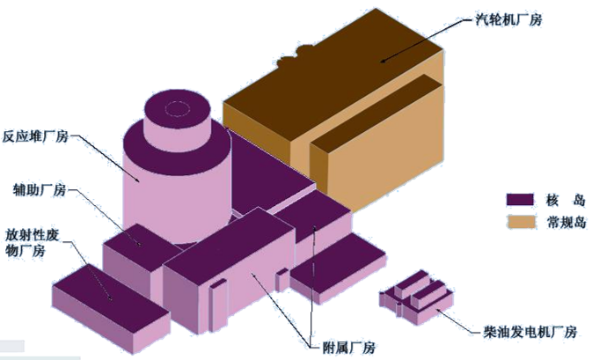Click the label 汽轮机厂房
point(508,18)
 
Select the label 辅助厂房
point(40,189)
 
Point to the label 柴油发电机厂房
point(530,332)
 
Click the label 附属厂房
point(348,348)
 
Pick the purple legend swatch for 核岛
point(520,200)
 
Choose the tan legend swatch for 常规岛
point(521,222)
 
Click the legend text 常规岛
point(566,222)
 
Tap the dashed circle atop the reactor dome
point(177,108)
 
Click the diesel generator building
point(416,298)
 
